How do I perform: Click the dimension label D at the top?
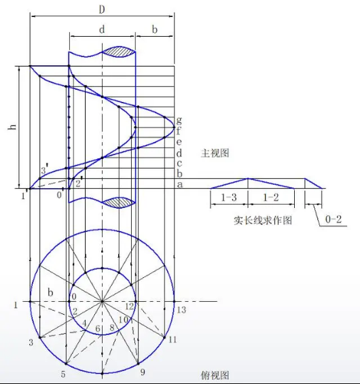102,10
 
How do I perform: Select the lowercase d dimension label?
102,30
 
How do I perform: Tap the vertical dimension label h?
12,127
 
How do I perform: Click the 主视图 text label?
215,154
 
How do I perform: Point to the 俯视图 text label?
215,375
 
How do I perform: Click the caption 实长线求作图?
263,220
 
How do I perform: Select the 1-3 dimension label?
229,197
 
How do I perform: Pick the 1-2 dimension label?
271,197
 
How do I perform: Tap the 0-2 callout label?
334,219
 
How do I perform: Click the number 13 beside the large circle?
181,310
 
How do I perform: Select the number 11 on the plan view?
173,340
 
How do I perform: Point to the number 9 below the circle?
143,372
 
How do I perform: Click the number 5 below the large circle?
63,374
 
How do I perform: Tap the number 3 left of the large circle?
31,343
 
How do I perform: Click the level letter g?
179,120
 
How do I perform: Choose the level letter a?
179,184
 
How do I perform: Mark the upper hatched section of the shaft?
119,52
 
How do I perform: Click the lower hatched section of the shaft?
119,203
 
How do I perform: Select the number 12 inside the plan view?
129,307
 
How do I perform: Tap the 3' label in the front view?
44,170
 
